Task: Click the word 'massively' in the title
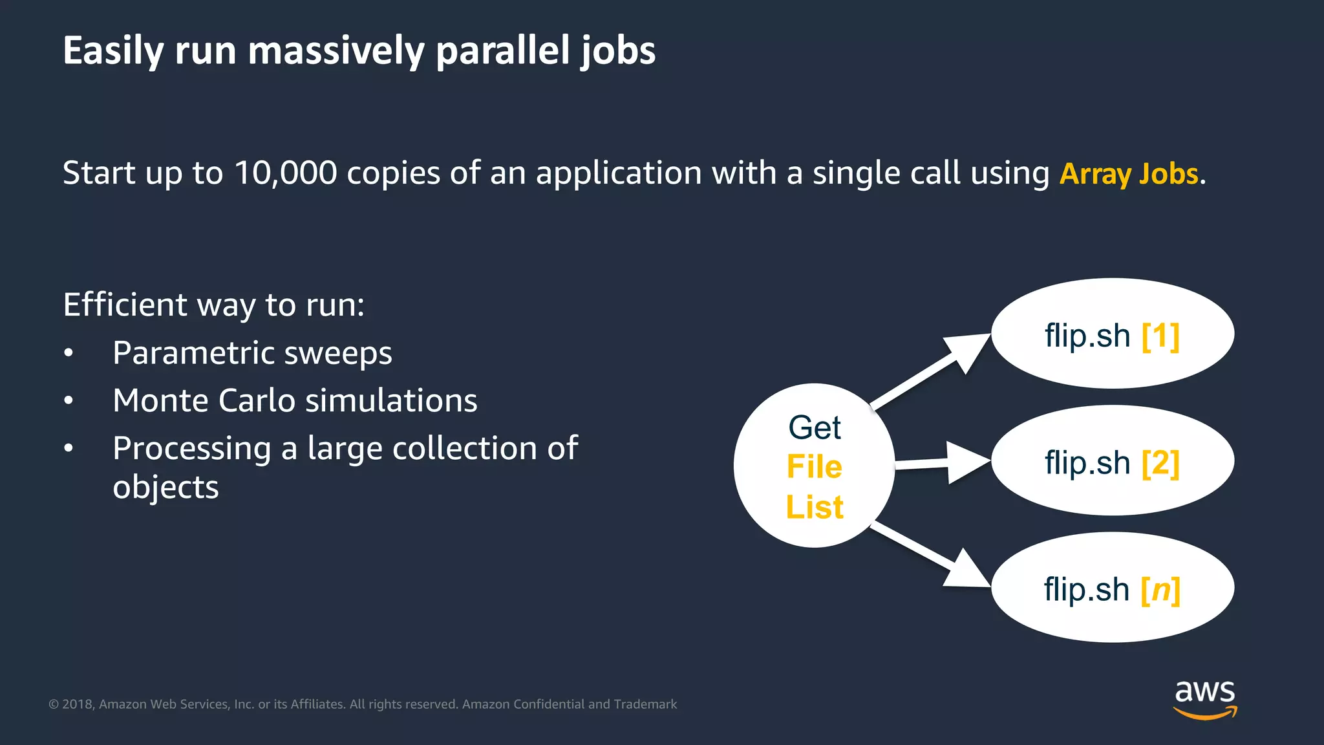click(x=336, y=51)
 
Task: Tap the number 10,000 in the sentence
click(x=285, y=173)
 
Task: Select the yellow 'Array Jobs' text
click(x=1129, y=174)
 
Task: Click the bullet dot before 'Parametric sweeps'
click(x=69, y=353)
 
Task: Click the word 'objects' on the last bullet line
click(x=165, y=487)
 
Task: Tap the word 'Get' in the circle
click(x=814, y=427)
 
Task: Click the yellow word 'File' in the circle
click(x=814, y=467)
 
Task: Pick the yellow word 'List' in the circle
click(x=814, y=507)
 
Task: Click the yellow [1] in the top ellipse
click(x=1160, y=336)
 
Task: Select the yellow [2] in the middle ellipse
click(x=1160, y=463)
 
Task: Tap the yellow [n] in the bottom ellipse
click(x=1160, y=590)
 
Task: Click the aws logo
click(x=1204, y=698)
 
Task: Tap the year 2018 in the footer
click(x=78, y=704)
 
